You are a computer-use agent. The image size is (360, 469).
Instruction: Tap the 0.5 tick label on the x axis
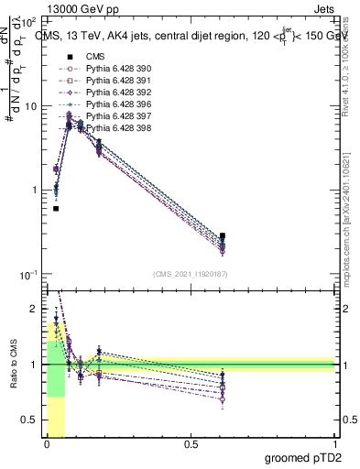(x=191, y=444)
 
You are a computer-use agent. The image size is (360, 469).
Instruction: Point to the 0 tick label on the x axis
(x=46, y=444)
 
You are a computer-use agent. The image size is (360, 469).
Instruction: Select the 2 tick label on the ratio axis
(x=35, y=309)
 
